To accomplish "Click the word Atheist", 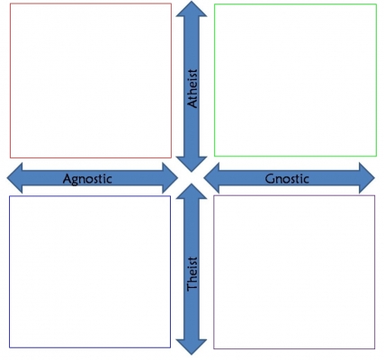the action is tap(192, 88).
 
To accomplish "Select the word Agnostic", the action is tap(87, 179).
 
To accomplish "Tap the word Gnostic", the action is tap(287, 179).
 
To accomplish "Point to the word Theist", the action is tap(192, 274).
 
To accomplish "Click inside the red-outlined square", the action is tap(91, 80).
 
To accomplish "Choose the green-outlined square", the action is tap(295, 80).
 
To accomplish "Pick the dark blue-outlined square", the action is tap(90, 272).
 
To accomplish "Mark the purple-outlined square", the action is tap(294, 272).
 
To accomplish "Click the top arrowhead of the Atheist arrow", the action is tap(192, 9).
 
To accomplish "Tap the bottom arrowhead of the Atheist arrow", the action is tap(192, 164).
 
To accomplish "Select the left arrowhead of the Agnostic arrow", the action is tap(15, 178).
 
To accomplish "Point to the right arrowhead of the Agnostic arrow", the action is tap(170, 178).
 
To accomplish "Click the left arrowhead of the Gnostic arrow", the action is tap(211, 178).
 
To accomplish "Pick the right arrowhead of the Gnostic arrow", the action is tap(367, 178).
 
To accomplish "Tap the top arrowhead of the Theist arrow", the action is tap(192, 192).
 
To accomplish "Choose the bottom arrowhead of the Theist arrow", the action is tap(192, 346).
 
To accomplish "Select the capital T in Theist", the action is tap(192, 286).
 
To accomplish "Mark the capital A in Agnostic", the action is tap(67, 178).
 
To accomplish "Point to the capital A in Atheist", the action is tap(192, 103).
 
